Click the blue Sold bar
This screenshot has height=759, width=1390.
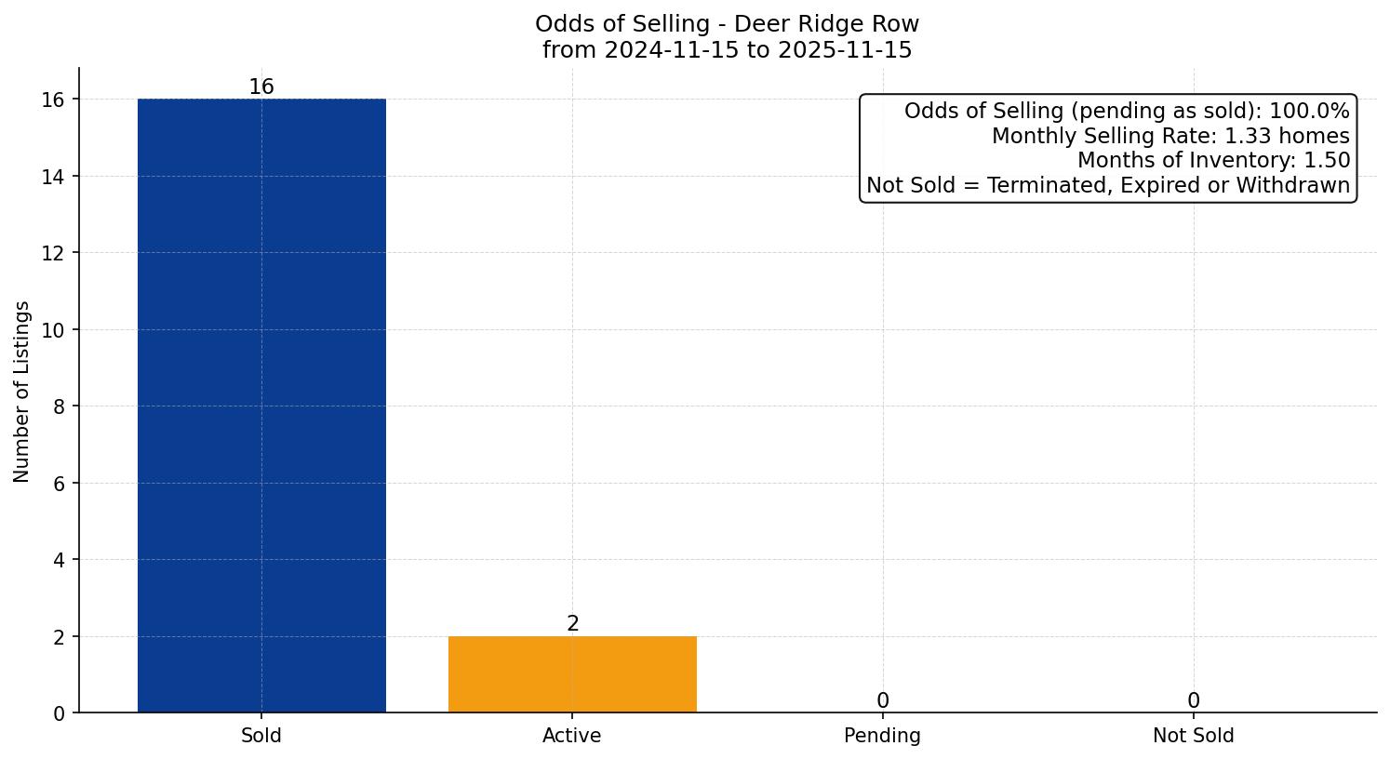(261, 406)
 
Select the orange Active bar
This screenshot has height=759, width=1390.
(572, 674)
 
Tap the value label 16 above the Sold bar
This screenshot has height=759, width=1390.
(261, 87)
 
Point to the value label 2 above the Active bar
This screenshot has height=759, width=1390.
(572, 624)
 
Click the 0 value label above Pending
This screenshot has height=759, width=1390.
(882, 701)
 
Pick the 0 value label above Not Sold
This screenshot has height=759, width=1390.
(1193, 701)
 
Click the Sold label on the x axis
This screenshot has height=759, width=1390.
(261, 736)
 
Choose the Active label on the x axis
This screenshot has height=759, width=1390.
(572, 736)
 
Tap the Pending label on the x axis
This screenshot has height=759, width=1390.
(882, 736)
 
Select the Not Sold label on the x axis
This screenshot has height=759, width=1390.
(1193, 736)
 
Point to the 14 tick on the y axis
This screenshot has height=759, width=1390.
(54, 177)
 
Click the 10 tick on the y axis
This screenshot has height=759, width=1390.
(54, 330)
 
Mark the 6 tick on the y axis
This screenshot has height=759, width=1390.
(59, 484)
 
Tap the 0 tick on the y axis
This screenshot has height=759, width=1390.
(59, 713)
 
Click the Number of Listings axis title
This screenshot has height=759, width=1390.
(22, 392)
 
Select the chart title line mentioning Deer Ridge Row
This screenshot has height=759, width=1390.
(727, 24)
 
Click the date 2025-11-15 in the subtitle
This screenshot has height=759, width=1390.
(845, 50)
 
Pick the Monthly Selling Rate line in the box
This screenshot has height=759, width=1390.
(1169, 136)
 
